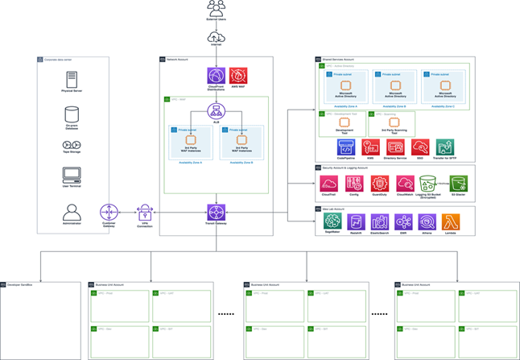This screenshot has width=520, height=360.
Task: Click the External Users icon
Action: [217, 9]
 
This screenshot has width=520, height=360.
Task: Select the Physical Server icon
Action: [72, 81]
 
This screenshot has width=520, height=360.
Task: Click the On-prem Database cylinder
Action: [72, 114]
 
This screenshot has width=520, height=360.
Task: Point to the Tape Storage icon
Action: [72, 145]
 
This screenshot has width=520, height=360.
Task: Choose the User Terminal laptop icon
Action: [72, 174]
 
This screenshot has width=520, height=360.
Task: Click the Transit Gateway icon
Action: [217, 212]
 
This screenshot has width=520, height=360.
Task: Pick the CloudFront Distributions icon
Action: [217, 76]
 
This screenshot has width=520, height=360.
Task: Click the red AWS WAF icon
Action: [238, 76]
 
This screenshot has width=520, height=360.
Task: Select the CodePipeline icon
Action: [346, 147]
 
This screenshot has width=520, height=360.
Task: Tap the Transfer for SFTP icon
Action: [445, 147]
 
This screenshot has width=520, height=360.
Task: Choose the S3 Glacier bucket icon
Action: [459, 184]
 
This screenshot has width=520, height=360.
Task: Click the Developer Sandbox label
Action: [19, 284]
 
